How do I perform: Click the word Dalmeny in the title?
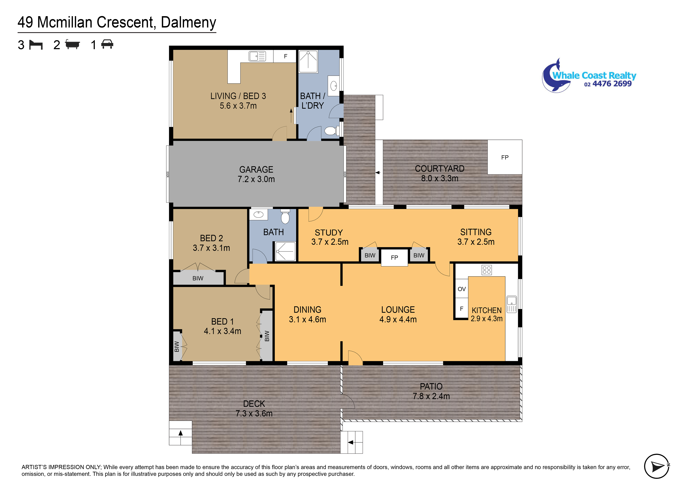(188, 22)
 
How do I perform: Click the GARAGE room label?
(256, 169)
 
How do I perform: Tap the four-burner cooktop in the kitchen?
(487, 270)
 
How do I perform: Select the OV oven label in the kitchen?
(462, 289)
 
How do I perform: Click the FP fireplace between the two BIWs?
(394, 258)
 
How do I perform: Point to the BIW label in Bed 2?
(198, 278)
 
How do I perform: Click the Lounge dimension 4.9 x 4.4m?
(398, 319)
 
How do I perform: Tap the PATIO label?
(431, 386)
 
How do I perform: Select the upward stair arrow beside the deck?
(181, 433)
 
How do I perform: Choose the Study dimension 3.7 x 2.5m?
(330, 242)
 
